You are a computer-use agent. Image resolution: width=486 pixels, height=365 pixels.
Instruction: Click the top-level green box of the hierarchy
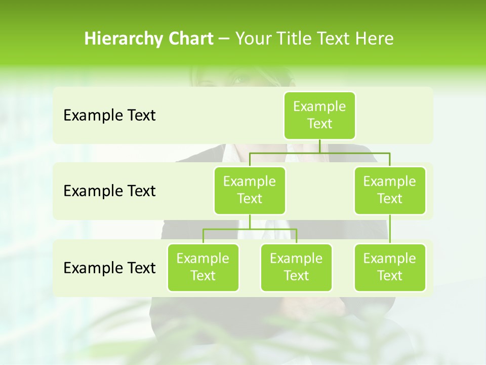pos(319,116)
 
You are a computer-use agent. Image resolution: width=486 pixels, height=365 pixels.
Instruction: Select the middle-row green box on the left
pos(250,190)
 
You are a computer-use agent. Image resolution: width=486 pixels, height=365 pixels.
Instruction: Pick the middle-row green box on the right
pos(390,190)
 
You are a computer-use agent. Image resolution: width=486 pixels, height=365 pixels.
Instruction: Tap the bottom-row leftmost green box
pos(203,267)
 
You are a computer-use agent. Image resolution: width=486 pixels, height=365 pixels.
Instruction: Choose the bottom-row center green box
pos(296,267)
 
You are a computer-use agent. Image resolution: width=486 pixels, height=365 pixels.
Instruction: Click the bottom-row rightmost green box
pos(390,267)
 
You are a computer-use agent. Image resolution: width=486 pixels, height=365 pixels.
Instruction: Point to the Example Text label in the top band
pos(109,116)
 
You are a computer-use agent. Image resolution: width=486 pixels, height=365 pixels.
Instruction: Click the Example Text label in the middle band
pos(109,191)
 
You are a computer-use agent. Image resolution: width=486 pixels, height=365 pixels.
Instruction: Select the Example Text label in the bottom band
pos(109,268)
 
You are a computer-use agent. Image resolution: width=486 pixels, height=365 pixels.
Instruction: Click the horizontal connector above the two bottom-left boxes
pos(250,230)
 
